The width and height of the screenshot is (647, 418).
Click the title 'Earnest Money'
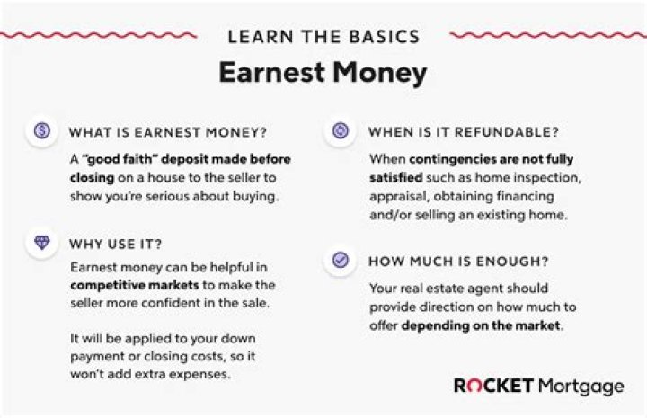pyautogui.click(x=323, y=73)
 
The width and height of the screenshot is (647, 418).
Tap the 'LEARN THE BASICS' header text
pyautogui.click(x=323, y=37)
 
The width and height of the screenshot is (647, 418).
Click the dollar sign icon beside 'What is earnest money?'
pyautogui.click(x=41, y=131)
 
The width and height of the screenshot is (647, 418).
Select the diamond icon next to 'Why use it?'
pyautogui.click(x=41, y=243)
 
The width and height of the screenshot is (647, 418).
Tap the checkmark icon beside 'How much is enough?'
pyautogui.click(x=341, y=260)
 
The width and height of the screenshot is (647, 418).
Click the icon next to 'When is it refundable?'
pyautogui.click(x=341, y=131)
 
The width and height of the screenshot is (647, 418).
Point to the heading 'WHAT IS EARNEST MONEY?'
pyautogui.click(x=167, y=132)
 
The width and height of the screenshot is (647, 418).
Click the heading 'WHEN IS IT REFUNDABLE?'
pyautogui.click(x=464, y=132)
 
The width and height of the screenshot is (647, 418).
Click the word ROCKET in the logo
pyautogui.click(x=492, y=386)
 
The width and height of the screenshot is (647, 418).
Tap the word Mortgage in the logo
pyautogui.click(x=581, y=387)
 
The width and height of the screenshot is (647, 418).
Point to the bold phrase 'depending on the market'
pyautogui.click(x=481, y=325)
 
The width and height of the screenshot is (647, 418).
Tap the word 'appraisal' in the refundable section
pyautogui.click(x=400, y=196)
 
